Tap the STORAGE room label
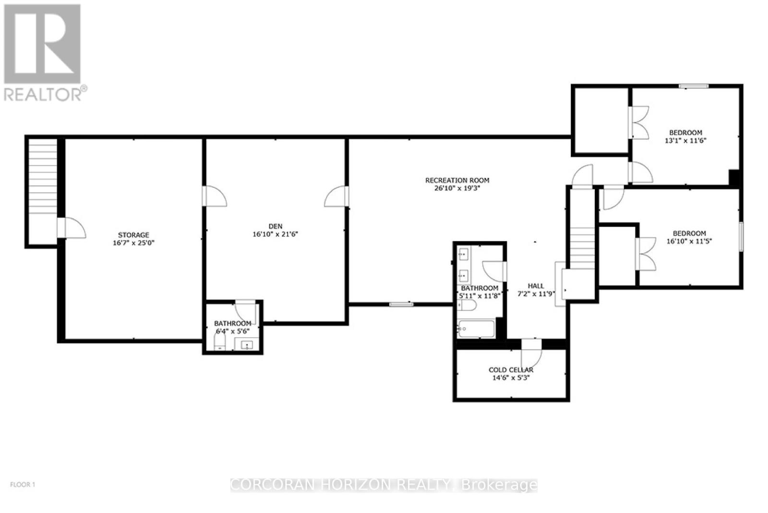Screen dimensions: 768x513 (134, 235)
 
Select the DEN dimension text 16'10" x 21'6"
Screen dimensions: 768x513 (276, 234)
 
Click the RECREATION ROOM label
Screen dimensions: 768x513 (457, 180)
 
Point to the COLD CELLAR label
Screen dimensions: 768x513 (511, 370)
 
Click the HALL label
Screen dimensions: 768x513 (536, 286)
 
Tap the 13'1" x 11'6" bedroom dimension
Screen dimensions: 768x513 (686, 141)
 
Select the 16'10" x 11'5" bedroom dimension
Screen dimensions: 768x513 (689, 241)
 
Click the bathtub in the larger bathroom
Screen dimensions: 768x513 (477, 329)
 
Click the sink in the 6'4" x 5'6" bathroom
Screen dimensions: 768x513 (247, 344)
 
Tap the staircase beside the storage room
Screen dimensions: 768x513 (43, 176)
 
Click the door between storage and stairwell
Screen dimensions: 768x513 (72, 228)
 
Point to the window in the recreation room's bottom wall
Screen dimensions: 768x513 (401, 304)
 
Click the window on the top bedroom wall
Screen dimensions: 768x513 (694, 86)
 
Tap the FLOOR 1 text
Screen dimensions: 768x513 (23, 485)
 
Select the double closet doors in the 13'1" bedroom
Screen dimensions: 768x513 (638, 122)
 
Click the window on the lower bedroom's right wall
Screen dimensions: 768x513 (741, 236)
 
